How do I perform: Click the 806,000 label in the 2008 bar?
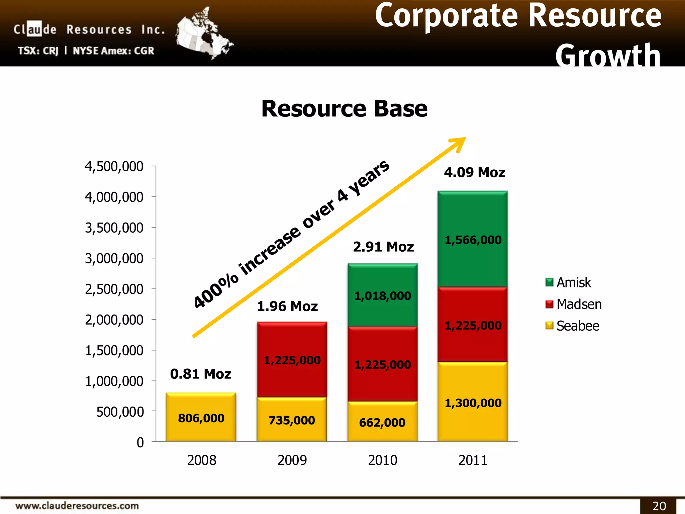[201, 418]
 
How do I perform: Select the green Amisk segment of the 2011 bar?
[473, 261]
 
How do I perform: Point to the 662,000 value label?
[382, 423]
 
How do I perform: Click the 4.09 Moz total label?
[474, 173]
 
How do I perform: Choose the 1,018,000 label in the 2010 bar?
[382, 296]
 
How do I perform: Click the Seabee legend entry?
[572, 326]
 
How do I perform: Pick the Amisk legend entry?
[568, 283]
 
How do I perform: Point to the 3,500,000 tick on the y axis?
[114, 228]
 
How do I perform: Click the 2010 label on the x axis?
[382, 460]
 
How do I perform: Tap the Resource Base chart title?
[344, 109]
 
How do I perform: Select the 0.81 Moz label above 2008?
[201, 374]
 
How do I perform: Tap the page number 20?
[659, 506]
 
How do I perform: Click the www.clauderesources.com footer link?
[77, 506]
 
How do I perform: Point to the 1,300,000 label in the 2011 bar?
[473, 403]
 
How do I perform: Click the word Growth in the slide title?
[608, 55]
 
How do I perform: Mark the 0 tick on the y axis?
[140, 443]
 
